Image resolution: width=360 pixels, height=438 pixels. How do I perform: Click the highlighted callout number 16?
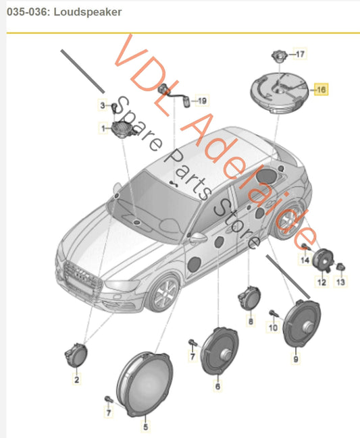tap(321, 89)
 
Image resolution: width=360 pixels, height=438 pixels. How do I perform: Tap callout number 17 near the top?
tap(300, 54)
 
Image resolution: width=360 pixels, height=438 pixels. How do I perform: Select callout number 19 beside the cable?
tap(202, 101)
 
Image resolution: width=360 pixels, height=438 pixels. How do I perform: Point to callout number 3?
tap(103, 105)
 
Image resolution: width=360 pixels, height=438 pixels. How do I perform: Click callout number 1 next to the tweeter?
tap(103, 128)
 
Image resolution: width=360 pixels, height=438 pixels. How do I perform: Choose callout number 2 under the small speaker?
tap(76, 379)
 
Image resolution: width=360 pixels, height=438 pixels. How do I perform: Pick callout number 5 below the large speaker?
tap(146, 427)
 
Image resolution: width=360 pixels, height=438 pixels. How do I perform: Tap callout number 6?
tap(217, 386)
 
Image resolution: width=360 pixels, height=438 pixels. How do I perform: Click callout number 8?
tap(251, 321)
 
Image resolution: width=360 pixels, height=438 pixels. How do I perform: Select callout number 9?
tap(296, 358)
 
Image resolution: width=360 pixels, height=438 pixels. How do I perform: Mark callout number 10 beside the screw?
tap(273, 327)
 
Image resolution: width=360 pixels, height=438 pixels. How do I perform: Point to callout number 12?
tap(322, 282)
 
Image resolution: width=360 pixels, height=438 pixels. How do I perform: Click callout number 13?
tap(340, 282)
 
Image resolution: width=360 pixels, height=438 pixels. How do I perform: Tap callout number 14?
tap(305, 261)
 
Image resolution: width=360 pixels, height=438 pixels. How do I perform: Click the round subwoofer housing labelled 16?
tap(279, 92)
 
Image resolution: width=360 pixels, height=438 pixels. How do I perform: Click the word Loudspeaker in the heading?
tap(88, 12)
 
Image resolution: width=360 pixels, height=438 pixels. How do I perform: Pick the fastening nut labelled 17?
tap(279, 55)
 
